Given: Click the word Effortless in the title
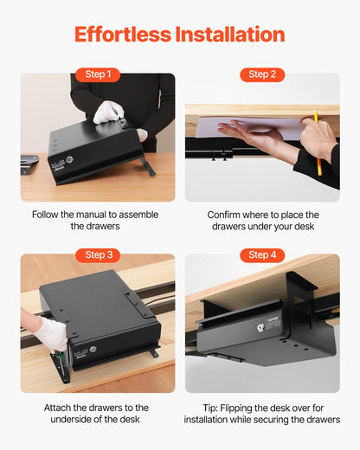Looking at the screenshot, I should [122, 35].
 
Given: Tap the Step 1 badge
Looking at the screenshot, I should [98, 74].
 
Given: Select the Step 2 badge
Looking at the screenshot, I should [262, 74].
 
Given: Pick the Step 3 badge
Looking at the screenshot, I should [98, 255].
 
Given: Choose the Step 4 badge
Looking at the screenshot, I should [262, 255].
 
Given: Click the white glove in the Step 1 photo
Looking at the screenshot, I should [108, 111].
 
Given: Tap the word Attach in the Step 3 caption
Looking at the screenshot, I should [60, 407].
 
